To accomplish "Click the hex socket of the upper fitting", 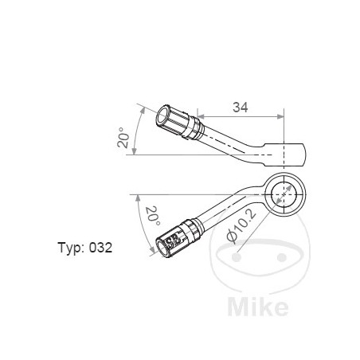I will point(168,120).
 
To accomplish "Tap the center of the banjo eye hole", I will point(284,193).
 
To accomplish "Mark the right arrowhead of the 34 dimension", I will point(282,115).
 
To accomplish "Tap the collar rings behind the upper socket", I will point(193,127).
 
